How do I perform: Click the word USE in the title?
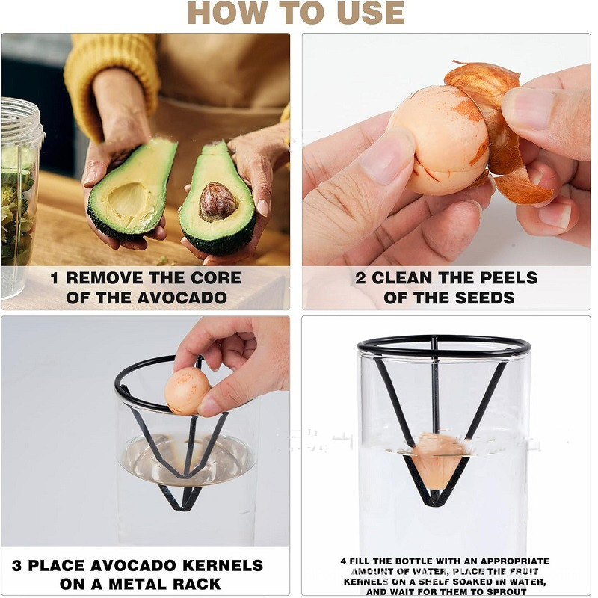click(x=371, y=13)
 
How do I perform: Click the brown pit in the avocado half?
click(x=218, y=202)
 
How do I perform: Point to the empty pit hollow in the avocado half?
click(x=127, y=198)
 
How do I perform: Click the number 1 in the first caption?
click(x=55, y=278)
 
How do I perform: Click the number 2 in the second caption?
click(x=360, y=278)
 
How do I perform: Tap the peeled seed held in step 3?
click(x=187, y=390)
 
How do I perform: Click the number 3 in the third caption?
click(x=16, y=565)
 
